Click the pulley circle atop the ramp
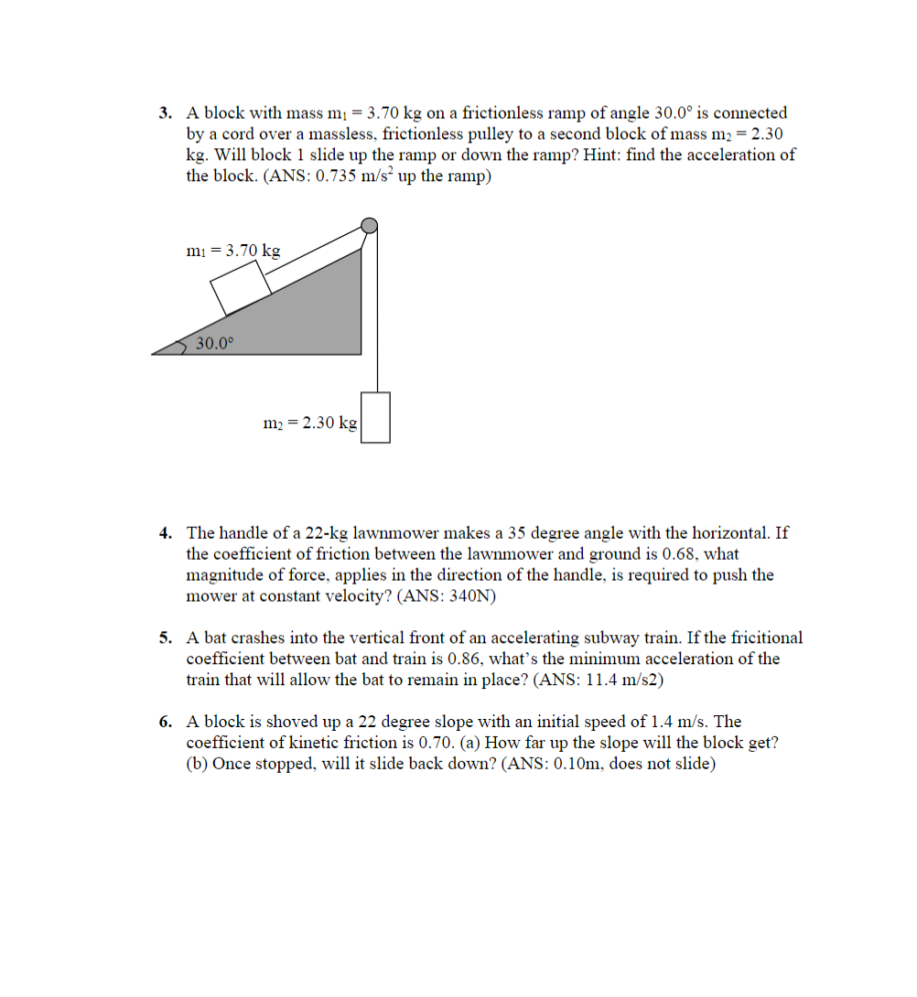(369, 225)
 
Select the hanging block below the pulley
(375, 417)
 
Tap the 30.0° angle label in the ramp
(216, 344)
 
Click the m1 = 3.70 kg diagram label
(232, 250)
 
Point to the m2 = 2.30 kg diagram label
(309, 423)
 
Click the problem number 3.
(165, 113)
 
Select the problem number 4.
(165, 532)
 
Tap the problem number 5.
(165, 638)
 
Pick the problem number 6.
(165, 722)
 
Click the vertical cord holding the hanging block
(375, 320)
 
